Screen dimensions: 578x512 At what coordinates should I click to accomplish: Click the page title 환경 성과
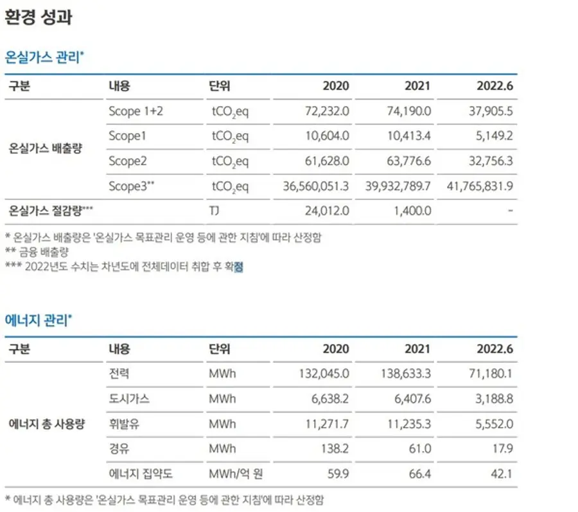(39, 17)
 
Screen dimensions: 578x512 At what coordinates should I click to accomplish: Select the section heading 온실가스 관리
(42, 57)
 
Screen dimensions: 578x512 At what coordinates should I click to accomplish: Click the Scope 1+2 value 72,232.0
(327, 111)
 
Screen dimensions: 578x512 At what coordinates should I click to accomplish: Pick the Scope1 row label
(127, 136)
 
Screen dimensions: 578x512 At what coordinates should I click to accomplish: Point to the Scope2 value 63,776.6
(409, 161)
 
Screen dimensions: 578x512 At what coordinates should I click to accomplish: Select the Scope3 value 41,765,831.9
(480, 186)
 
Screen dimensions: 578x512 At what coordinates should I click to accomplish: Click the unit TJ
(214, 211)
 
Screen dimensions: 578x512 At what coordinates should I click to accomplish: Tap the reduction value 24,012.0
(327, 211)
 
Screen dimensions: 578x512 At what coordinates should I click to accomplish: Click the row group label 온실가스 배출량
(45, 148)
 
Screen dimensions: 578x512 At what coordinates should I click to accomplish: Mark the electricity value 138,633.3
(406, 374)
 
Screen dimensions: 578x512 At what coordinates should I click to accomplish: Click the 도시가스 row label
(129, 399)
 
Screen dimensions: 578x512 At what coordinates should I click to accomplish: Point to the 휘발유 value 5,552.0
(494, 424)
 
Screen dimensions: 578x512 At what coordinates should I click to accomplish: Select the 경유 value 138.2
(335, 448)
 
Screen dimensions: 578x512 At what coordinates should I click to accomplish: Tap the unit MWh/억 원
(236, 473)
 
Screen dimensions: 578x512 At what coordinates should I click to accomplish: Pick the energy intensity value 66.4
(420, 473)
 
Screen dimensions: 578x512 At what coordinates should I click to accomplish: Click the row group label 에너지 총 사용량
(46, 424)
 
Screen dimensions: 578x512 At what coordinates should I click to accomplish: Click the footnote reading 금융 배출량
(44, 252)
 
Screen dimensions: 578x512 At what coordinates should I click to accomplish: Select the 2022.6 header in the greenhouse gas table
(495, 86)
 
